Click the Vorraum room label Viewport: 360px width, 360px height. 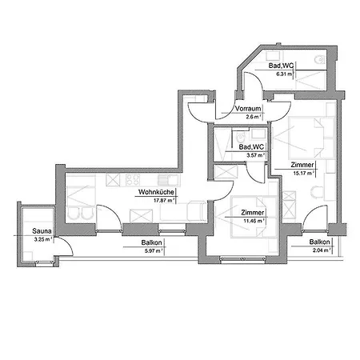click(250, 108)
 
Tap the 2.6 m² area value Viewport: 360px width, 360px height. click(252, 117)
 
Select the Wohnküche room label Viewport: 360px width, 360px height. click(156, 193)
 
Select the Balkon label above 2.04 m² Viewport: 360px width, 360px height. click(320, 242)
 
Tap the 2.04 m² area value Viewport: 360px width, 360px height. click(321, 250)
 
